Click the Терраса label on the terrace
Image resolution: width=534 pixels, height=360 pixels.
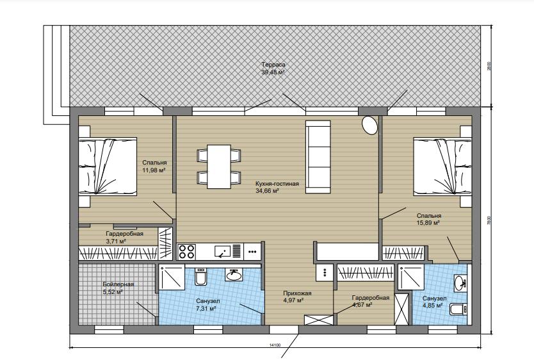pos(273,64)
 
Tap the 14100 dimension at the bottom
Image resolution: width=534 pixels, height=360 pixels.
pos(275,345)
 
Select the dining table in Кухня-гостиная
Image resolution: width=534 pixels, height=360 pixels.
pos(219,167)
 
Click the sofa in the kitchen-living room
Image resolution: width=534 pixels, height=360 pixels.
pos(318,157)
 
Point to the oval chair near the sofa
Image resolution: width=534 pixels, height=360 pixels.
pos(369,126)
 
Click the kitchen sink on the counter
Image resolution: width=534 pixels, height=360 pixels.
pos(222,251)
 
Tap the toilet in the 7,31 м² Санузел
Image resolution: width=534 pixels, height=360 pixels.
pos(200,276)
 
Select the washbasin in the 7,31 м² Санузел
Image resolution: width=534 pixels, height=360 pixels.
pos(234,275)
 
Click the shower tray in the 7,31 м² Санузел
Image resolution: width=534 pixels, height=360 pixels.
pos(172,277)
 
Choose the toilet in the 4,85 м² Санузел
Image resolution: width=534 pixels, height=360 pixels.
pos(458,309)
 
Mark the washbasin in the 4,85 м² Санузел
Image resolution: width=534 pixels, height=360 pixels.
pos(460,282)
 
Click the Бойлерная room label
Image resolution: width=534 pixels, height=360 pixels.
pos(118,284)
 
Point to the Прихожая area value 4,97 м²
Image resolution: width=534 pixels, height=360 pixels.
pos(293,300)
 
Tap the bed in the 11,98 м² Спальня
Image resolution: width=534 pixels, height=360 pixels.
pos(108,166)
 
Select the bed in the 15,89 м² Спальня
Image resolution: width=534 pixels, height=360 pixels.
pos(442,167)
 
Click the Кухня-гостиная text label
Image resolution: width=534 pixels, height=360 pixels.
pos(277,184)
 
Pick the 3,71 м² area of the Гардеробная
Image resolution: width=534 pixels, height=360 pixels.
pos(117,241)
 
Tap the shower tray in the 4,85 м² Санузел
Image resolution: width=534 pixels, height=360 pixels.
pos(410,277)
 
